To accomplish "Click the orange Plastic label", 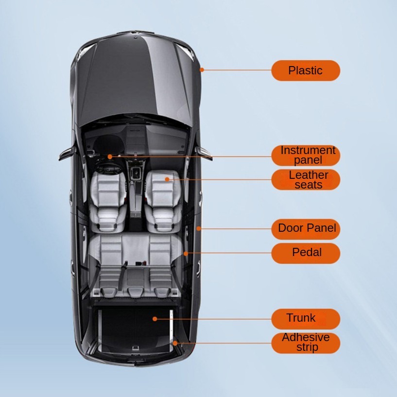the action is pyautogui.click(x=305, y=70).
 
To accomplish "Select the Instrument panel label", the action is pyautogui.click(x=305, y=155).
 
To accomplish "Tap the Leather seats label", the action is pyautogui.click(x=305, y=179).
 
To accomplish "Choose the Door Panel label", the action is pyautogui.click(x=305, y=228).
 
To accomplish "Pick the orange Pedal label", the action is pyautogui.click(x=305, y=253).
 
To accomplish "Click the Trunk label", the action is pyautogui.click(x=305, y=319).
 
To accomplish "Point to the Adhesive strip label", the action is pyautogui.click(x=305, y=343).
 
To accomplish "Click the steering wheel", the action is pyautogui.click(x=109, y=168).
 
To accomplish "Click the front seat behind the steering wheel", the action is pyautogui.click(x=108, y=197).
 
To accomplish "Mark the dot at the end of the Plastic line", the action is pyautogui.click(x=202, y=70).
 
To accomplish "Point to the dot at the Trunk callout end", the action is pyautogui.click(x=155, y=319).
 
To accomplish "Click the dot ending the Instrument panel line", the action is pyautogui.click(x=110, y=156).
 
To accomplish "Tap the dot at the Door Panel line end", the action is pyautogui.click(x=198, y=228).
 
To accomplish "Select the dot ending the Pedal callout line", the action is pyautogui.click(x=186, y=253).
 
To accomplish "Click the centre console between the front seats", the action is pyautogui.click(x=136, y=190).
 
